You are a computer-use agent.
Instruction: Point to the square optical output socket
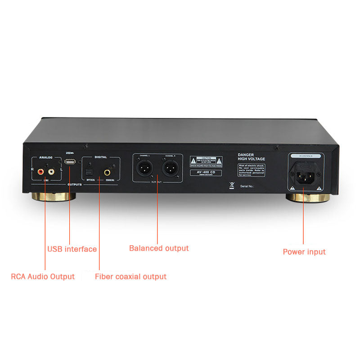point(89,172)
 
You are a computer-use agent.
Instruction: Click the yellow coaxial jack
point(108,172)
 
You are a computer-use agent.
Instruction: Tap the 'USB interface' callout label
point(72,249)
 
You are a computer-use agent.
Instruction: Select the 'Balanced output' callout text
point(159,248)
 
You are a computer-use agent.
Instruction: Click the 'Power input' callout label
point(304,252)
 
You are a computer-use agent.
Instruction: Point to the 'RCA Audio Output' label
point(43,276)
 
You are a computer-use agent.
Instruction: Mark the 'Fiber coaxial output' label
point(130,276)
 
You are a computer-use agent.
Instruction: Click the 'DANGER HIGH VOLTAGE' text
point(252,157)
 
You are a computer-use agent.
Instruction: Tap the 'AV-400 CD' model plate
point(206,173)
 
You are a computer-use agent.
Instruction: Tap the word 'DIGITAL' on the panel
point(101,157)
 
